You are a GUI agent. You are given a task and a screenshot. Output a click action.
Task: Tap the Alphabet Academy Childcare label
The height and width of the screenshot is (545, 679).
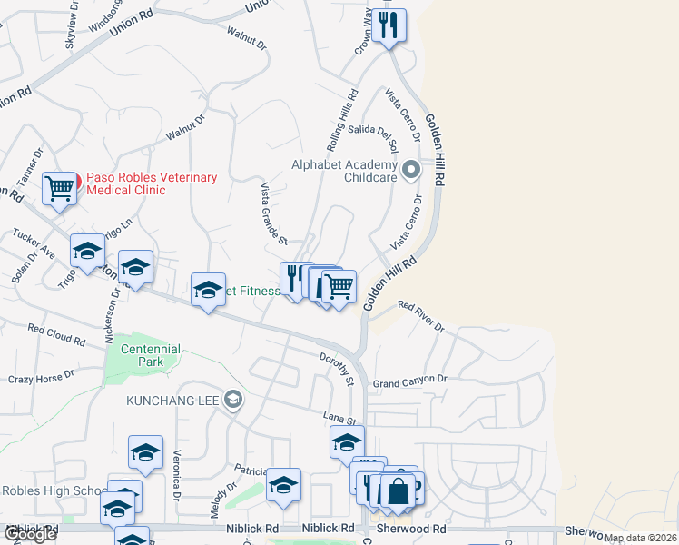(x=344, y=171)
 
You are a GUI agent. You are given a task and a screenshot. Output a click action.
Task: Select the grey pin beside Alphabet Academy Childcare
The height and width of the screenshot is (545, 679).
(x=411, y=170)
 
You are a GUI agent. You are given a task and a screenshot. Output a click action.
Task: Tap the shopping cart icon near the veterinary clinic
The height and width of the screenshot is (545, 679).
(x=60, y=189)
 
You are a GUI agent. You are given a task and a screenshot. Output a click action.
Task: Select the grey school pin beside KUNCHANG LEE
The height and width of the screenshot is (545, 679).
(x=234, y=400)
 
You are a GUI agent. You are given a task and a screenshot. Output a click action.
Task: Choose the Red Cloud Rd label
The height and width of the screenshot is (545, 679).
(x=55, y=334)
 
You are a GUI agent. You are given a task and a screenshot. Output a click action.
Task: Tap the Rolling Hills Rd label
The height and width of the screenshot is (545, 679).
(x=341, y=120)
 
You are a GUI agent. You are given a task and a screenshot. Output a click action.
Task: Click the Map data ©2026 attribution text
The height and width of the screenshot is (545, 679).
(x=640, y=538)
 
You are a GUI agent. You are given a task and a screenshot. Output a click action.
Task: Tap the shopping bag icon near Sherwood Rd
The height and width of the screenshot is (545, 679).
(x=398, y=492)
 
